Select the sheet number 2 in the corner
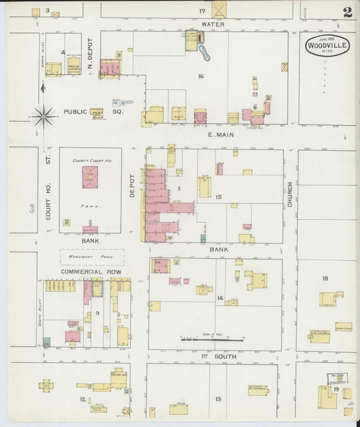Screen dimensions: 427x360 (346, 12)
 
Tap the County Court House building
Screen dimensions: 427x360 (90, 177)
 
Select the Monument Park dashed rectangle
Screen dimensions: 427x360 (92, 257)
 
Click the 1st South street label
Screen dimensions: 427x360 (213, 355)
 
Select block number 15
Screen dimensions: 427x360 (218, 197)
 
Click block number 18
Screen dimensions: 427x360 (325, 278)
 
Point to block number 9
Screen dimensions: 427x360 (97, 313)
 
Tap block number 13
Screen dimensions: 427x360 (218, 399)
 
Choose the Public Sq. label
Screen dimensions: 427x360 (76, 111)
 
